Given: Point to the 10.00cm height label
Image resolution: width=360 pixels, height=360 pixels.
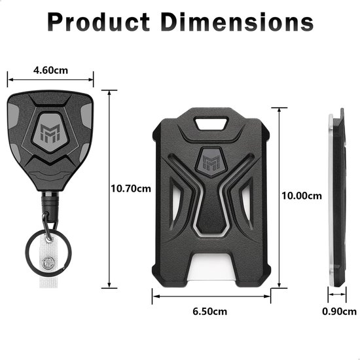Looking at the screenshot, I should tap(302, 196).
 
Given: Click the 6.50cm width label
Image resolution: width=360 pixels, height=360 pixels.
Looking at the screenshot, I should tap(210, 311).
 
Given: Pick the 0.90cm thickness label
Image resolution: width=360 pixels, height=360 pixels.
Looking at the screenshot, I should tap(339, 311).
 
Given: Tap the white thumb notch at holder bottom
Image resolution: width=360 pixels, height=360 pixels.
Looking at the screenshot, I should tap(211, 267).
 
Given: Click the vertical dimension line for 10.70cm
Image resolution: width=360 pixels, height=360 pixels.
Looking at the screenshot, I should tap(109, 189).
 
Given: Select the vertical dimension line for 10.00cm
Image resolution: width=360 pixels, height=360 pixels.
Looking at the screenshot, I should tap(279, 196).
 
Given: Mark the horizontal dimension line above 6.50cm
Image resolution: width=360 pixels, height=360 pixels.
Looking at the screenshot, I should tap(211, 295).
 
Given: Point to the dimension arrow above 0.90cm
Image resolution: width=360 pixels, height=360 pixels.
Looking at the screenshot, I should tap(337, 295).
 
